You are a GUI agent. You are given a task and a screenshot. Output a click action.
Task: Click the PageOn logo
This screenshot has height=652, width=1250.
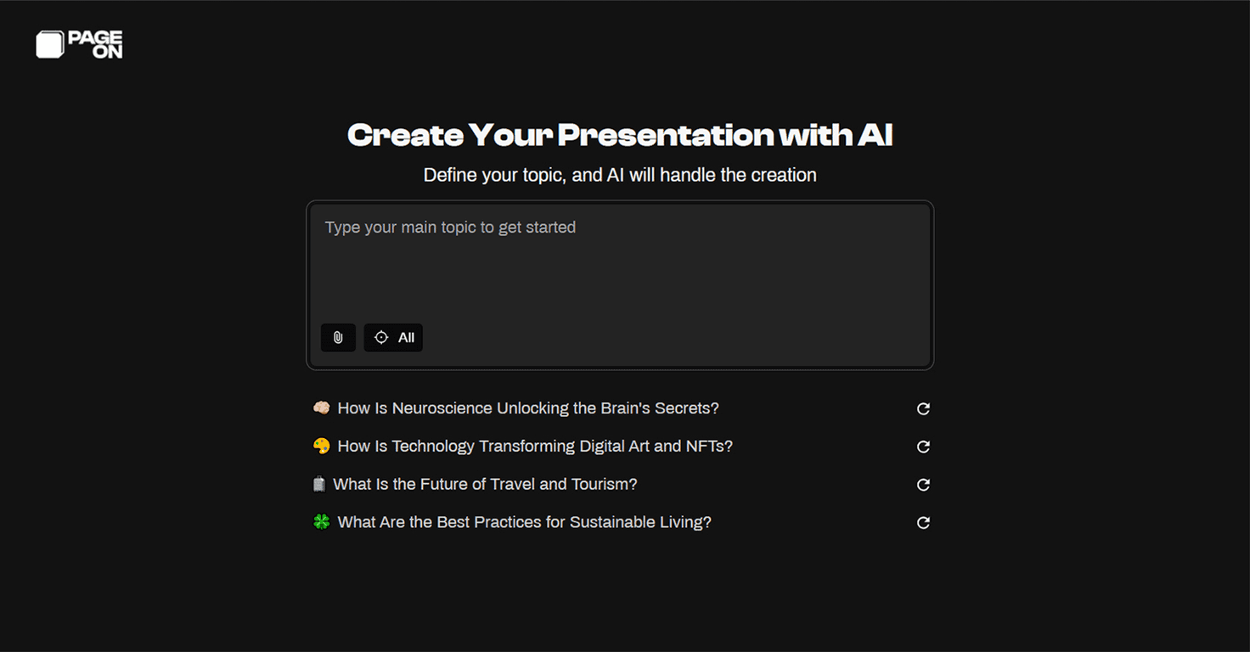coord(79,44)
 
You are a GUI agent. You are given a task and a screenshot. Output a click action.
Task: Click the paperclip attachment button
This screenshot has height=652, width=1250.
coord(338,338)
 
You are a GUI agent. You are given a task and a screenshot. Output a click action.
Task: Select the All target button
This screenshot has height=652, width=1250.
coord(393,338)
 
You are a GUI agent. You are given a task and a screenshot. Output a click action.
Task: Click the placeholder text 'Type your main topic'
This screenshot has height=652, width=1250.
coord(450,228)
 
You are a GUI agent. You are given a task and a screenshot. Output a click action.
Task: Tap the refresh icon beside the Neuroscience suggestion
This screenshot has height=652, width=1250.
coord(923,409)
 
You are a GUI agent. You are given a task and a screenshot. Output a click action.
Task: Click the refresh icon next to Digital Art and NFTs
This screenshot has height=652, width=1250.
coord(923,447)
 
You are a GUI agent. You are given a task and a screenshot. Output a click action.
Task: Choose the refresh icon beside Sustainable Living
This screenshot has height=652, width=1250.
coord(923,523)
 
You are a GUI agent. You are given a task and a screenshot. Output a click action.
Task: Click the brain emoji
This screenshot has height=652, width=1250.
coord(321,408)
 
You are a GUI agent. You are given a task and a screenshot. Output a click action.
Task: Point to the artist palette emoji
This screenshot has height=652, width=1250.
coord(321,447)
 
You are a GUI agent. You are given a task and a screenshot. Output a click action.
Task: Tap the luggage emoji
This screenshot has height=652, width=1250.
coord(319,484)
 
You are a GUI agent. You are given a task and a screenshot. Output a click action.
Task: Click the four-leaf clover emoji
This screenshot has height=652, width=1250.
coord(321,522)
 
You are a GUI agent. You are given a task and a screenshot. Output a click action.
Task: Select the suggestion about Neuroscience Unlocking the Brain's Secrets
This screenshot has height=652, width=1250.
coord(527,408)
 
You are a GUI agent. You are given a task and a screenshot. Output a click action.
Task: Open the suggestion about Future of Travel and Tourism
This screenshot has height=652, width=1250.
coord(485,484)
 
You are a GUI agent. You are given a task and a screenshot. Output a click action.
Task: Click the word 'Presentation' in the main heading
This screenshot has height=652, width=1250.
coord(664,135)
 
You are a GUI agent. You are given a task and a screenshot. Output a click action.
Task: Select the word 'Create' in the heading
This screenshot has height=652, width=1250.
coord(405,135)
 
